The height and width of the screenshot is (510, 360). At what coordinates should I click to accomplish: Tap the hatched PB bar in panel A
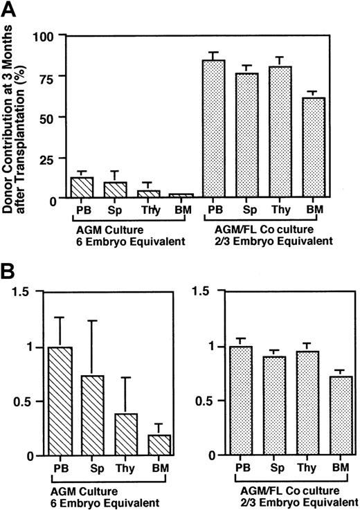82,188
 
